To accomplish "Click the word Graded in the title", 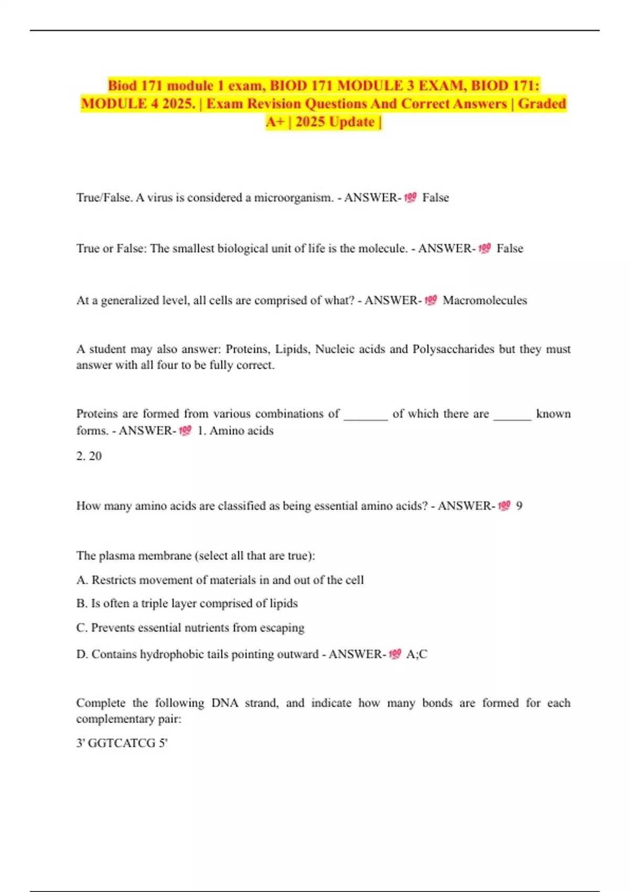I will tap(542, 103).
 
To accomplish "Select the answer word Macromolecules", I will tap(485, 300).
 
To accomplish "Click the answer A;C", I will tap(417, 654).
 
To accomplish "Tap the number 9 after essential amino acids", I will tap(519, 506).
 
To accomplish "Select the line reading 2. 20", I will tap(89, 456).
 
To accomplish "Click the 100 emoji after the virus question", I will tap(410, 198).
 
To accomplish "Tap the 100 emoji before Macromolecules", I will tap(430, 300).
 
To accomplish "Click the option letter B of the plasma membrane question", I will tap(81, 603).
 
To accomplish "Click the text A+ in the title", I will tap(275, 122).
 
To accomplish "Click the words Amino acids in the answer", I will tap(241, 431).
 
